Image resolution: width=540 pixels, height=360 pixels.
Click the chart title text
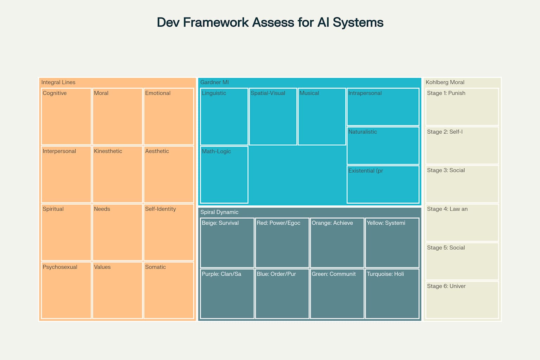tap(270, 22)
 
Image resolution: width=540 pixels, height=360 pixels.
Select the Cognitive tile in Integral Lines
tap(66, 116)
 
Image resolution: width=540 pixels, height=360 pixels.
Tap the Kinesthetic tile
tap(117, 174)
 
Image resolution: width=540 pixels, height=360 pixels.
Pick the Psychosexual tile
tap(66, 290)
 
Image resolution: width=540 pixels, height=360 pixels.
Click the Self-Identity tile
tap(169, 232)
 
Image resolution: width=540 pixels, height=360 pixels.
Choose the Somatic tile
tap(169, 290)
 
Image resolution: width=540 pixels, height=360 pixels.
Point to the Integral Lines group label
tap(58, 82)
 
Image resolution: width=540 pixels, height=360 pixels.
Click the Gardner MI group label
tap(214, 82)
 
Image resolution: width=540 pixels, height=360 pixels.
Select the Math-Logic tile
tap(224, 175)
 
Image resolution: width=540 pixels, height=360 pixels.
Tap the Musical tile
tap(322, 116)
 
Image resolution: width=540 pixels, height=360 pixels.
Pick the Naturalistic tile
tap(383, 146)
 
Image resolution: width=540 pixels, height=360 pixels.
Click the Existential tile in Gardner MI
tap(383, 185)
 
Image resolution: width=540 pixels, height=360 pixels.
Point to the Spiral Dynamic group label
tap(219, 212)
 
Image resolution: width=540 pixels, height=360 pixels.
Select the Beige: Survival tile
tap(227, 243)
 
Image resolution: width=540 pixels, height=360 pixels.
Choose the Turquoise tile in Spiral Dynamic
tap(392, 294)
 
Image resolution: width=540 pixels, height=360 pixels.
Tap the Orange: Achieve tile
tap(337, 243)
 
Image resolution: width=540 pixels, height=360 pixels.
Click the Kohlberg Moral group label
tap(445, 82)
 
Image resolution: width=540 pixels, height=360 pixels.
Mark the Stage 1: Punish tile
tap(462, 107)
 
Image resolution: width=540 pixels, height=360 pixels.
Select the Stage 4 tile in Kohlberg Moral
tap(462, 223)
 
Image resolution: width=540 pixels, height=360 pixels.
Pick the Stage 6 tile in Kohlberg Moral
tap(462, 300)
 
